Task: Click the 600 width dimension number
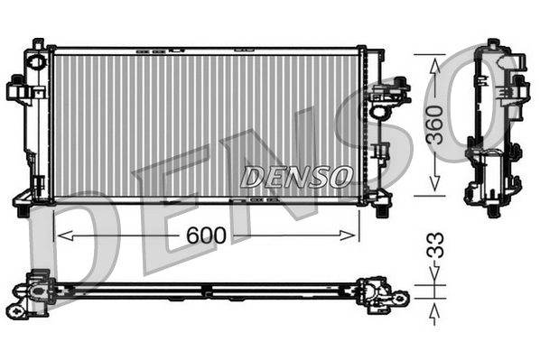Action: (207, 235)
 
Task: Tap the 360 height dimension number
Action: (435, 125)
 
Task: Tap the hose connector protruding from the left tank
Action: (18, 90)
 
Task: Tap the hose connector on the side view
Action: (516, 88)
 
